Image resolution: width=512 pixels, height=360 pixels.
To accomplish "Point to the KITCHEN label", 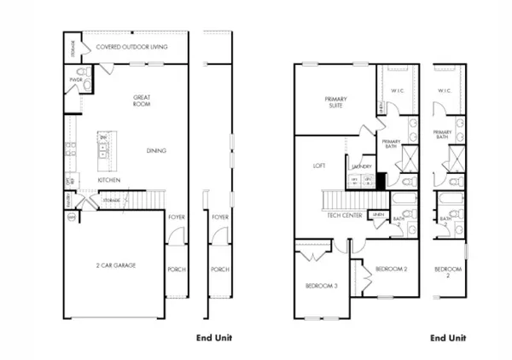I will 108,180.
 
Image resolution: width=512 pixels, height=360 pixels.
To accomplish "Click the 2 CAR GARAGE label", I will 115,265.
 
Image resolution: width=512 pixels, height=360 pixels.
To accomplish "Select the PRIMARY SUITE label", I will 335,103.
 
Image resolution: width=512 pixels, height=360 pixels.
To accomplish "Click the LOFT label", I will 319,165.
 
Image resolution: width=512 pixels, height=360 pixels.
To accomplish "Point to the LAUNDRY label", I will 361,167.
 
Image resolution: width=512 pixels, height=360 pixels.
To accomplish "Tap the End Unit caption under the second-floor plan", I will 449,338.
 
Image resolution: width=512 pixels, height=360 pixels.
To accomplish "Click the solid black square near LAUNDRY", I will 381,179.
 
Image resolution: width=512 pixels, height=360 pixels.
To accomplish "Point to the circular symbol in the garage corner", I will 71,218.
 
